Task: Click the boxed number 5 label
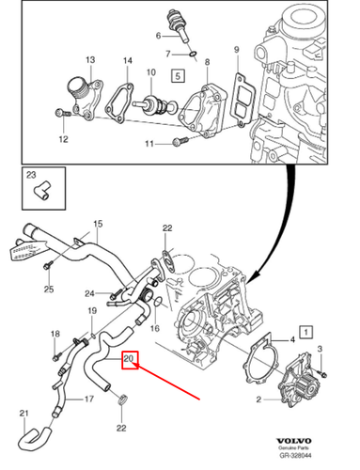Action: pyautogui.click(x=177, y=72)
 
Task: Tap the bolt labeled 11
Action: pyautogui.click(x=178, y=143)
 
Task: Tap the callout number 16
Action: pyautogui.click(x=155, y=330)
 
